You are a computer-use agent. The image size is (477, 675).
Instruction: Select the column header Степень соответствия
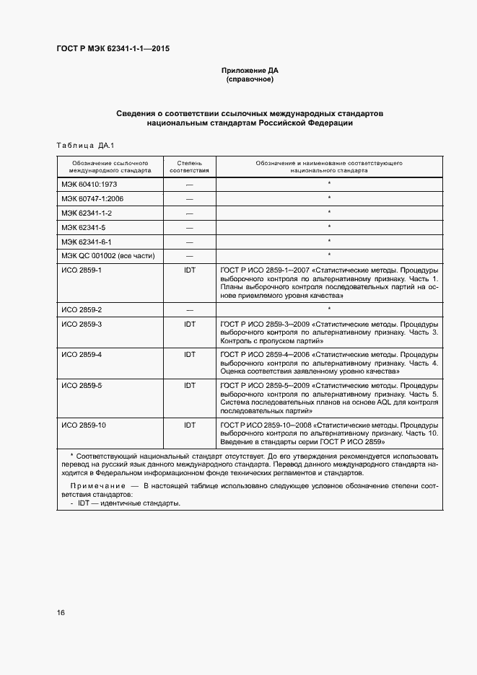(190, 167)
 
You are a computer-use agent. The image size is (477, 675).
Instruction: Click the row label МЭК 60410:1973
(89, 185)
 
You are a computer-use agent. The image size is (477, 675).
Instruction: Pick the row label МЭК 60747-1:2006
(92, 198)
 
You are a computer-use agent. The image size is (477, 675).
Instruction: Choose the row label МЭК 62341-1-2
(87, 213)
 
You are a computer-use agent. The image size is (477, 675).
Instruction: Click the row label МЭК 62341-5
(83, 227)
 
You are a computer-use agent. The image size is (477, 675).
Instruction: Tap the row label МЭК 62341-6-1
(87, 242)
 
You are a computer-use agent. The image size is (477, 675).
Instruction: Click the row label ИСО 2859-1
(82, 270)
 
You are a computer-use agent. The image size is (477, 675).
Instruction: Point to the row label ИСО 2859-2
(82, 309)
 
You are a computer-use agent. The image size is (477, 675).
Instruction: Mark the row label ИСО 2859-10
(84, 425)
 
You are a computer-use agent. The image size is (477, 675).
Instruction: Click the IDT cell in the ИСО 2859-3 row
(190, 324)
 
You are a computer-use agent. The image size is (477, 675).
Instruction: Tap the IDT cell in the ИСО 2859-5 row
(190, 386)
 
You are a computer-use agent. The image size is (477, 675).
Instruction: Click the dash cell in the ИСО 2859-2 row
(190, 309)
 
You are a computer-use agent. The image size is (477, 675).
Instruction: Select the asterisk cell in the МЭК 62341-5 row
(329, 227)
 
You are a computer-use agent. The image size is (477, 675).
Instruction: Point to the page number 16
(61, 612)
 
